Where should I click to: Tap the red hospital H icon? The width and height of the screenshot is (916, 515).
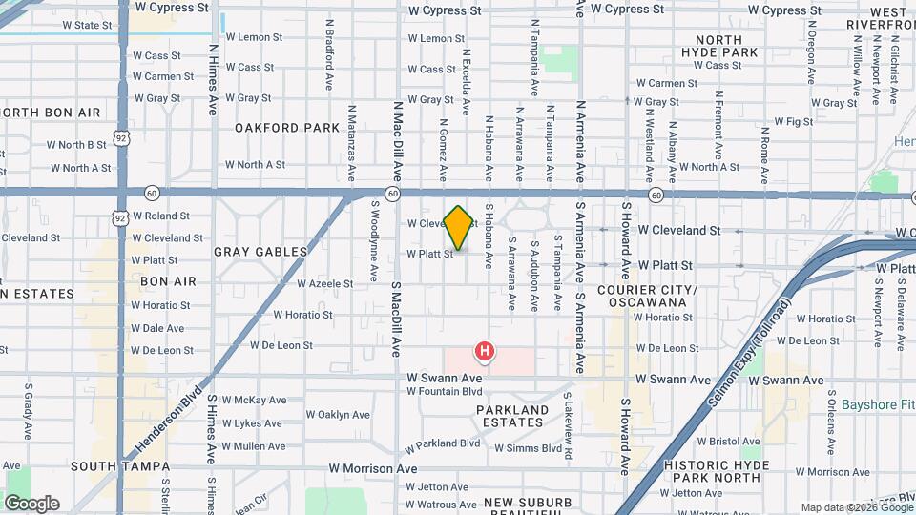point(485,352)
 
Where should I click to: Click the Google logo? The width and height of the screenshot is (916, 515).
point(31,503)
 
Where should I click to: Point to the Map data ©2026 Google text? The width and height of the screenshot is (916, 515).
point(856,507)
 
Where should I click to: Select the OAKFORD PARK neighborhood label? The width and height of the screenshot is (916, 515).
point(287,127)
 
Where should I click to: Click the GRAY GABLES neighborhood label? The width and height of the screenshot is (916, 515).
point(260,252)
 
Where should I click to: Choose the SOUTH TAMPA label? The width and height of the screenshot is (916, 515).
point(119,467)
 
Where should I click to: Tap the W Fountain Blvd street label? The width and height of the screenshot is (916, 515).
point(445,391)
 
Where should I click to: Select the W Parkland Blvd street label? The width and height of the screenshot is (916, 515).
point(442,444)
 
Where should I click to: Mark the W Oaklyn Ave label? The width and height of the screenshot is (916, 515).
point(338,415)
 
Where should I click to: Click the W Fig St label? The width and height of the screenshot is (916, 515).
point(793,122)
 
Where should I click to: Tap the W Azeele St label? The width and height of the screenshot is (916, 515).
point(326,283)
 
